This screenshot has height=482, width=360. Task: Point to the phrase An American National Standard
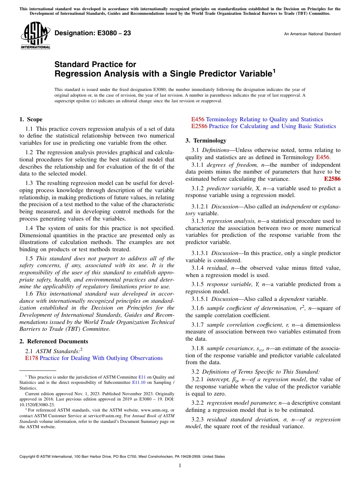pyautogui.click(x=312, y=34)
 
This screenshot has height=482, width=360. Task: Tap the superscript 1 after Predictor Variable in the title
pyautogui.click(x=274, y=70)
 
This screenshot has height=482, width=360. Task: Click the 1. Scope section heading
pyautogui.click(x=31, y=119)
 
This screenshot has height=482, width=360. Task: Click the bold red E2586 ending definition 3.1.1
pyautogui.click(x=332, y=179)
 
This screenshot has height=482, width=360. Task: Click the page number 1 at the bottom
pyautogui.click(x=180, y=465)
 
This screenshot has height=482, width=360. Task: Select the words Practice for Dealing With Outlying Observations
pyautogui.click(x=101, y=358)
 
